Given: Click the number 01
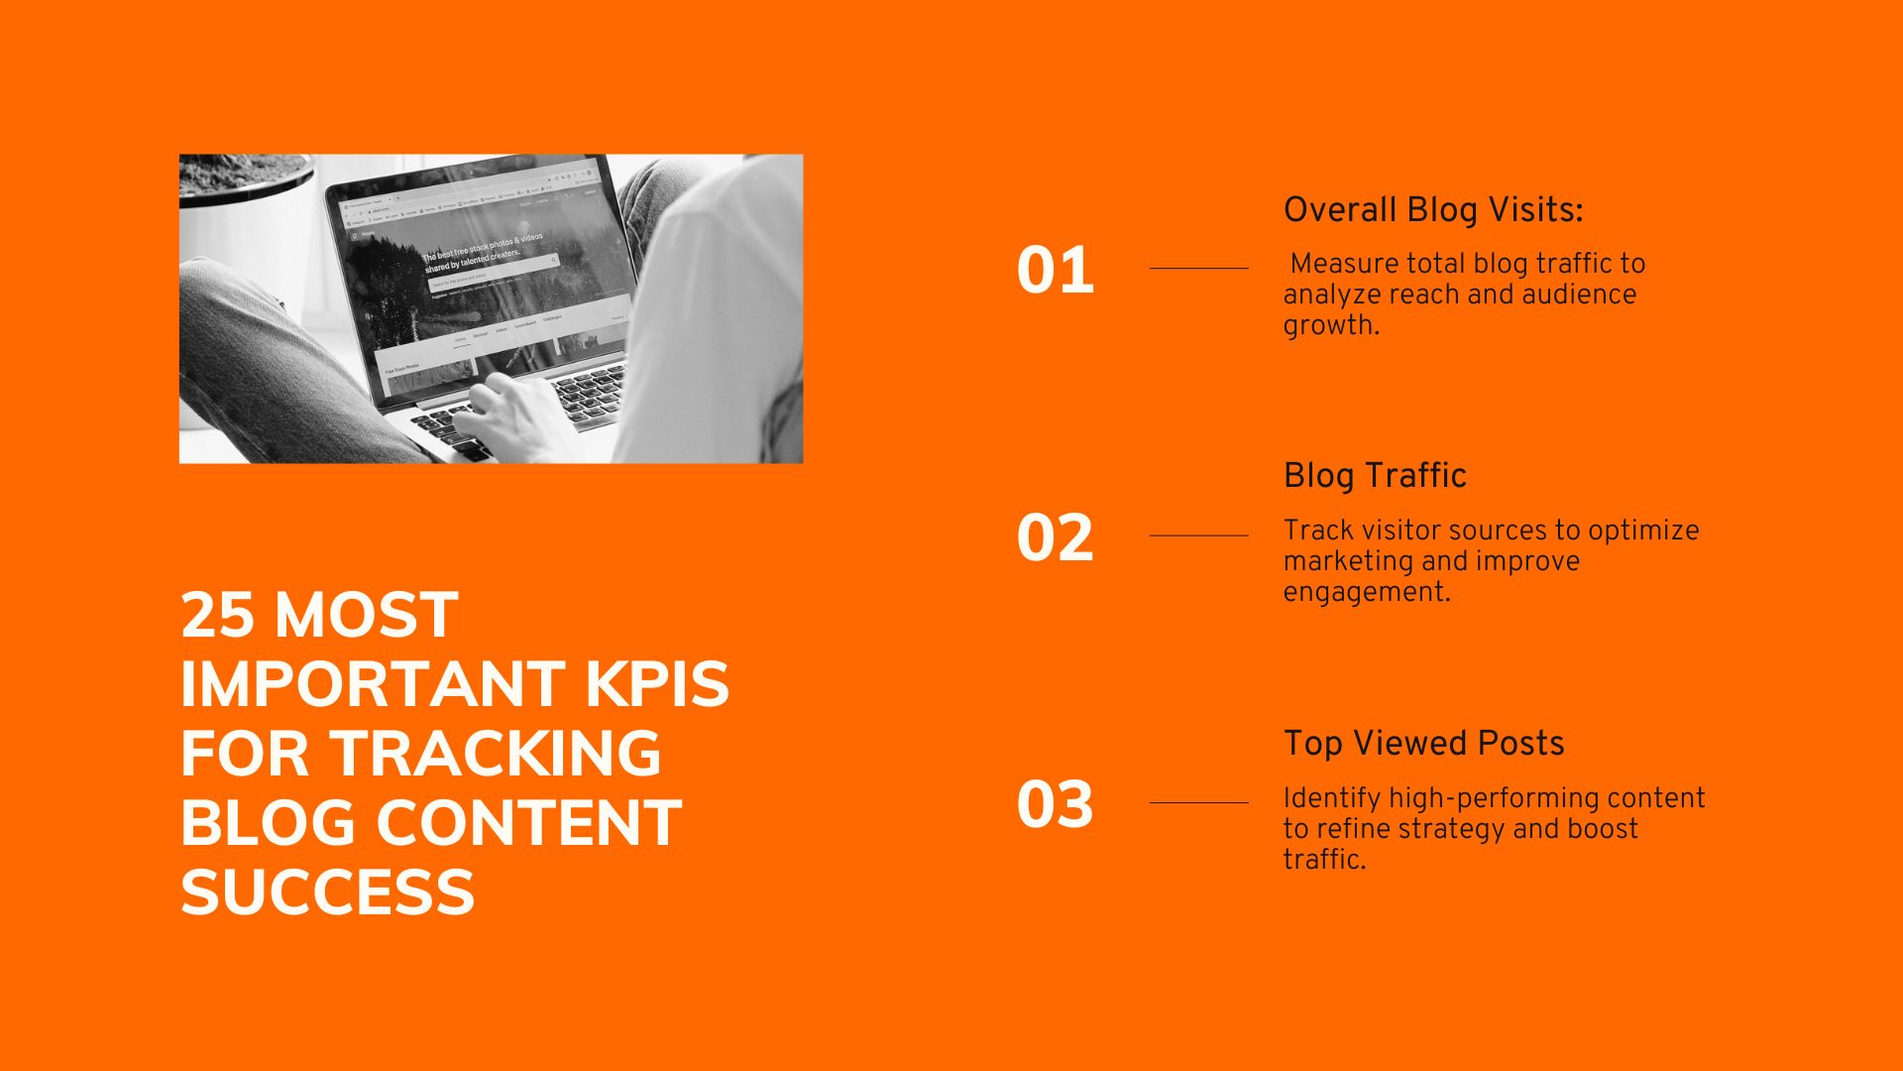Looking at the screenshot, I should pos(1055,271).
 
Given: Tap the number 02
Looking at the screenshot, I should pos(1055,538).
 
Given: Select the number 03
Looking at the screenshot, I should pos(1055,804).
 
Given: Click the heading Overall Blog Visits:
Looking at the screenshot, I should pos(1433,210).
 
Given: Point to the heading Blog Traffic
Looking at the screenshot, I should pos(1375,476).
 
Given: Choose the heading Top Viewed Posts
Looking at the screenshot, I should pos(1423,744).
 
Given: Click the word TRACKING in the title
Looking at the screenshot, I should pos(496,754).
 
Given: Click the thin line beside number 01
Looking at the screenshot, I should pos(1198,268).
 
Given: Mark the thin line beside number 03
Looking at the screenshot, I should pos(1198,802).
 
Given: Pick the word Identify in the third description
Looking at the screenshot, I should pos(1331,798).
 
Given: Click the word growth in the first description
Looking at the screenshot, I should pos(1328,325).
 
